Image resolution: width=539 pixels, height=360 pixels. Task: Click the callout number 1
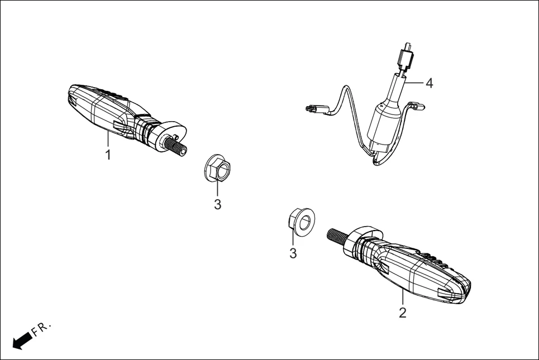(108, 154)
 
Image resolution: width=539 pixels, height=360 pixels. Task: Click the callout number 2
(402, 312)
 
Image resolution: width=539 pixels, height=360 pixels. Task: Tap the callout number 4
(429, 83)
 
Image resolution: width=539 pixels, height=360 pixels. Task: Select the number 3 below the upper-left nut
(217, 204)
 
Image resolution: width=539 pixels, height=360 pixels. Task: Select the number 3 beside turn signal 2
(293, 253)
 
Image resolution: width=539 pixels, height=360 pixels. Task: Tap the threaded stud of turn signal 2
(337, 236)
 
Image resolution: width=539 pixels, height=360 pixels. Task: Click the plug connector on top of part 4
(407, 56)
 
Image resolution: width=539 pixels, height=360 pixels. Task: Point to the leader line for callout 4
(413, 83)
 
